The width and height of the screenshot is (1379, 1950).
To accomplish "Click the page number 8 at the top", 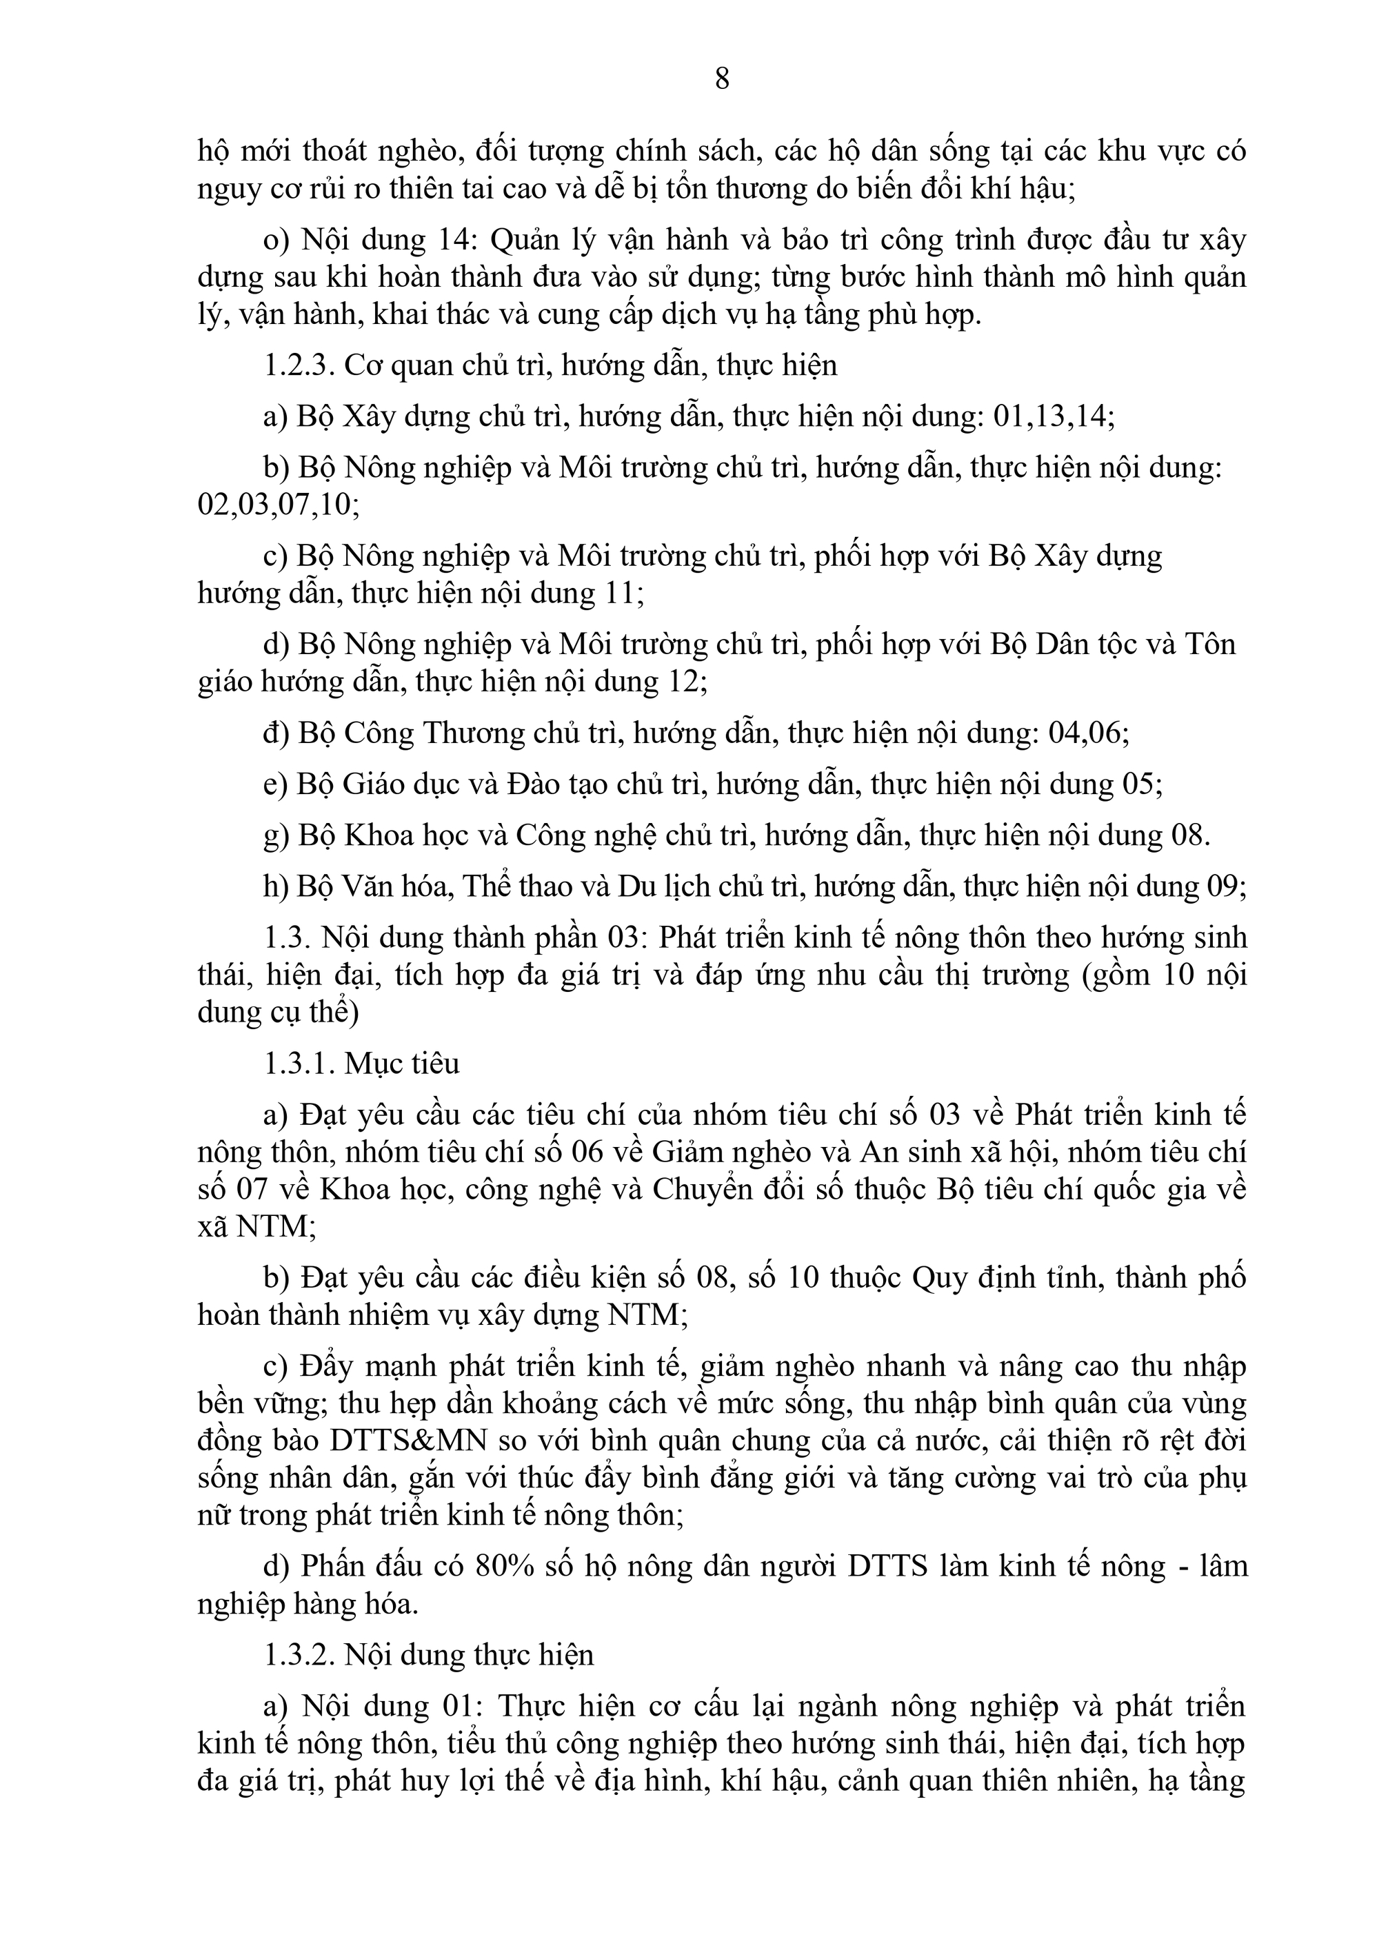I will coord(721,79).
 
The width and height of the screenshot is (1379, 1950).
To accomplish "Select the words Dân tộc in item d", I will coord(1073,644).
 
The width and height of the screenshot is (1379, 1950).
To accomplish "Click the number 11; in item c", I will coord(623,593).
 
